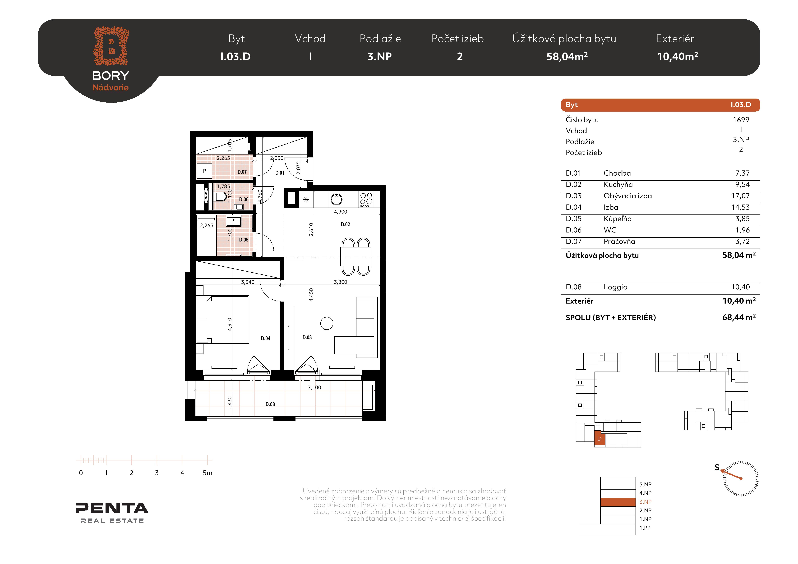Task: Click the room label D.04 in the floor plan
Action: click(x=266, y=338)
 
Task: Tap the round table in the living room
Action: click(x=327, y=323)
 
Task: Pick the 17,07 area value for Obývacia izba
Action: click(x=740, y=196)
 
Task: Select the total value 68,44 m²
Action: click(x=739, y=317)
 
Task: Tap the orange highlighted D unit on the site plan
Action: click(x=600, y=438)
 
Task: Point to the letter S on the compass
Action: click(x=717, y=467)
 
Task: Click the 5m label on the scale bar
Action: click(x=208, y=473)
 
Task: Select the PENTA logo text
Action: click(x=112, y=508)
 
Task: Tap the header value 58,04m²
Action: click(x=567, y=56)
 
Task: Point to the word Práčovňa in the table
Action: click(x=619, y=241)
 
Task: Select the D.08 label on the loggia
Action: click(x=270, y=404)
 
